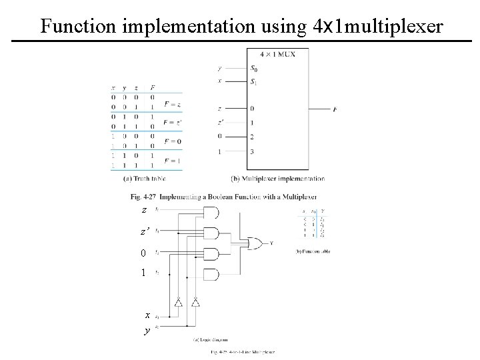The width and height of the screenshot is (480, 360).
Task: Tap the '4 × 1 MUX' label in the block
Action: click(x=277, y=54)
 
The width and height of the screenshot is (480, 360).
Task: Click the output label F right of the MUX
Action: click(x=333, y=109)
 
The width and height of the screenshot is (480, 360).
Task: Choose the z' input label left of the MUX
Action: click(x=220, y=122)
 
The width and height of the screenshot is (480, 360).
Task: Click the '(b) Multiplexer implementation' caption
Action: click(x=277, y=179)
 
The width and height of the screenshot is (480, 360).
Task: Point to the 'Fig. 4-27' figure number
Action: click(x=142, y=197)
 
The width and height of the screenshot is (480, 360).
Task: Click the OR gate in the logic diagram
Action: click(x=255, y=243)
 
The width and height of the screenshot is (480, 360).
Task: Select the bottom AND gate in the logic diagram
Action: click(x=213, y=274)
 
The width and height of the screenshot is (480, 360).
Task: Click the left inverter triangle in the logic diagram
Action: click(x=178, y=302)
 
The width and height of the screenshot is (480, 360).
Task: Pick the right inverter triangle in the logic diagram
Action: click(x=195, y=302)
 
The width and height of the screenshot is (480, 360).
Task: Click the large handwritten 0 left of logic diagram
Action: click(x=143, y=253)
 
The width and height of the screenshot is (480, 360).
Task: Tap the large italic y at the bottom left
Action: click(x=145, y=331)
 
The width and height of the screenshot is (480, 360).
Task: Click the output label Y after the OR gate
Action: click(x=271, y=243)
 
